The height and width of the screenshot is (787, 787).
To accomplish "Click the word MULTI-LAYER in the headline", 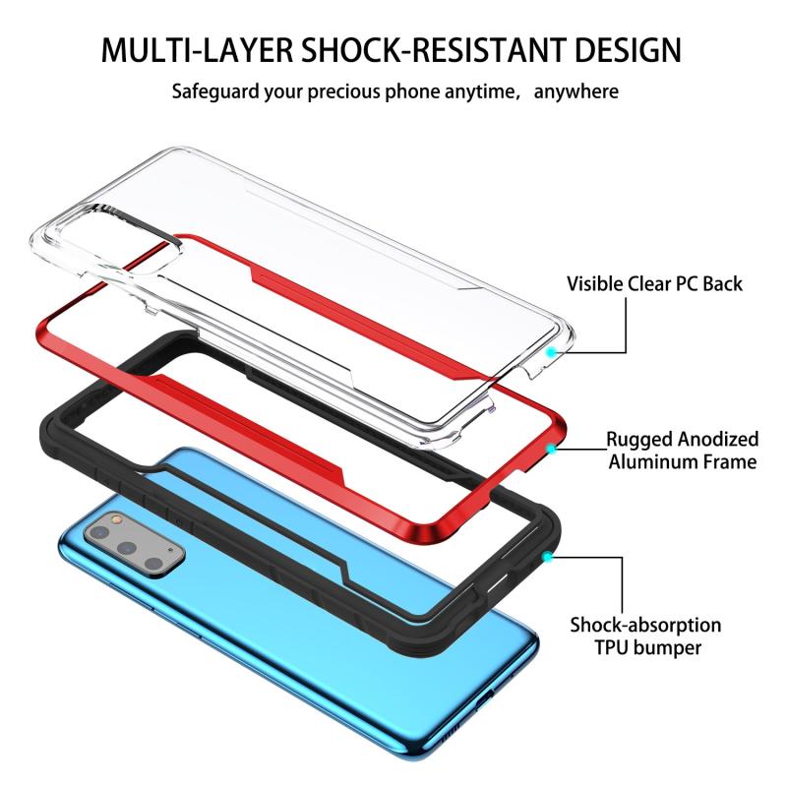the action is pos(197,50).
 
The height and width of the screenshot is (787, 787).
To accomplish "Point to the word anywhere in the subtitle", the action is pos(576,91).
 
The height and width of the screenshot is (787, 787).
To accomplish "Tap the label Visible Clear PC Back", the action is pos(654,283).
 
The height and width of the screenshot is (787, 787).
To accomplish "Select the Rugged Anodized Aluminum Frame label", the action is pos(683,451).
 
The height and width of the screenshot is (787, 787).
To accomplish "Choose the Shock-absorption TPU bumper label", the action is pos(646,636).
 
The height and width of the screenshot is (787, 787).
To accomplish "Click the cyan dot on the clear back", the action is pos(551,352).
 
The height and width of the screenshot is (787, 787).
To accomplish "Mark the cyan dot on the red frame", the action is pos(551,449).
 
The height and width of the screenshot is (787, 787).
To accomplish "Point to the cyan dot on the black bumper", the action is pos(548,557).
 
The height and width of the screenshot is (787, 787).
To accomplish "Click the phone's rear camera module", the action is pos(135,544).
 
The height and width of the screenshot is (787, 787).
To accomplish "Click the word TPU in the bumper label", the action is pos(611,647).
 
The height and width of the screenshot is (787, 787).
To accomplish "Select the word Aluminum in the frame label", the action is pos(645,461).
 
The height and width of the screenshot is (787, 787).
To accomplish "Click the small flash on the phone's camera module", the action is pos(117,520).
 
